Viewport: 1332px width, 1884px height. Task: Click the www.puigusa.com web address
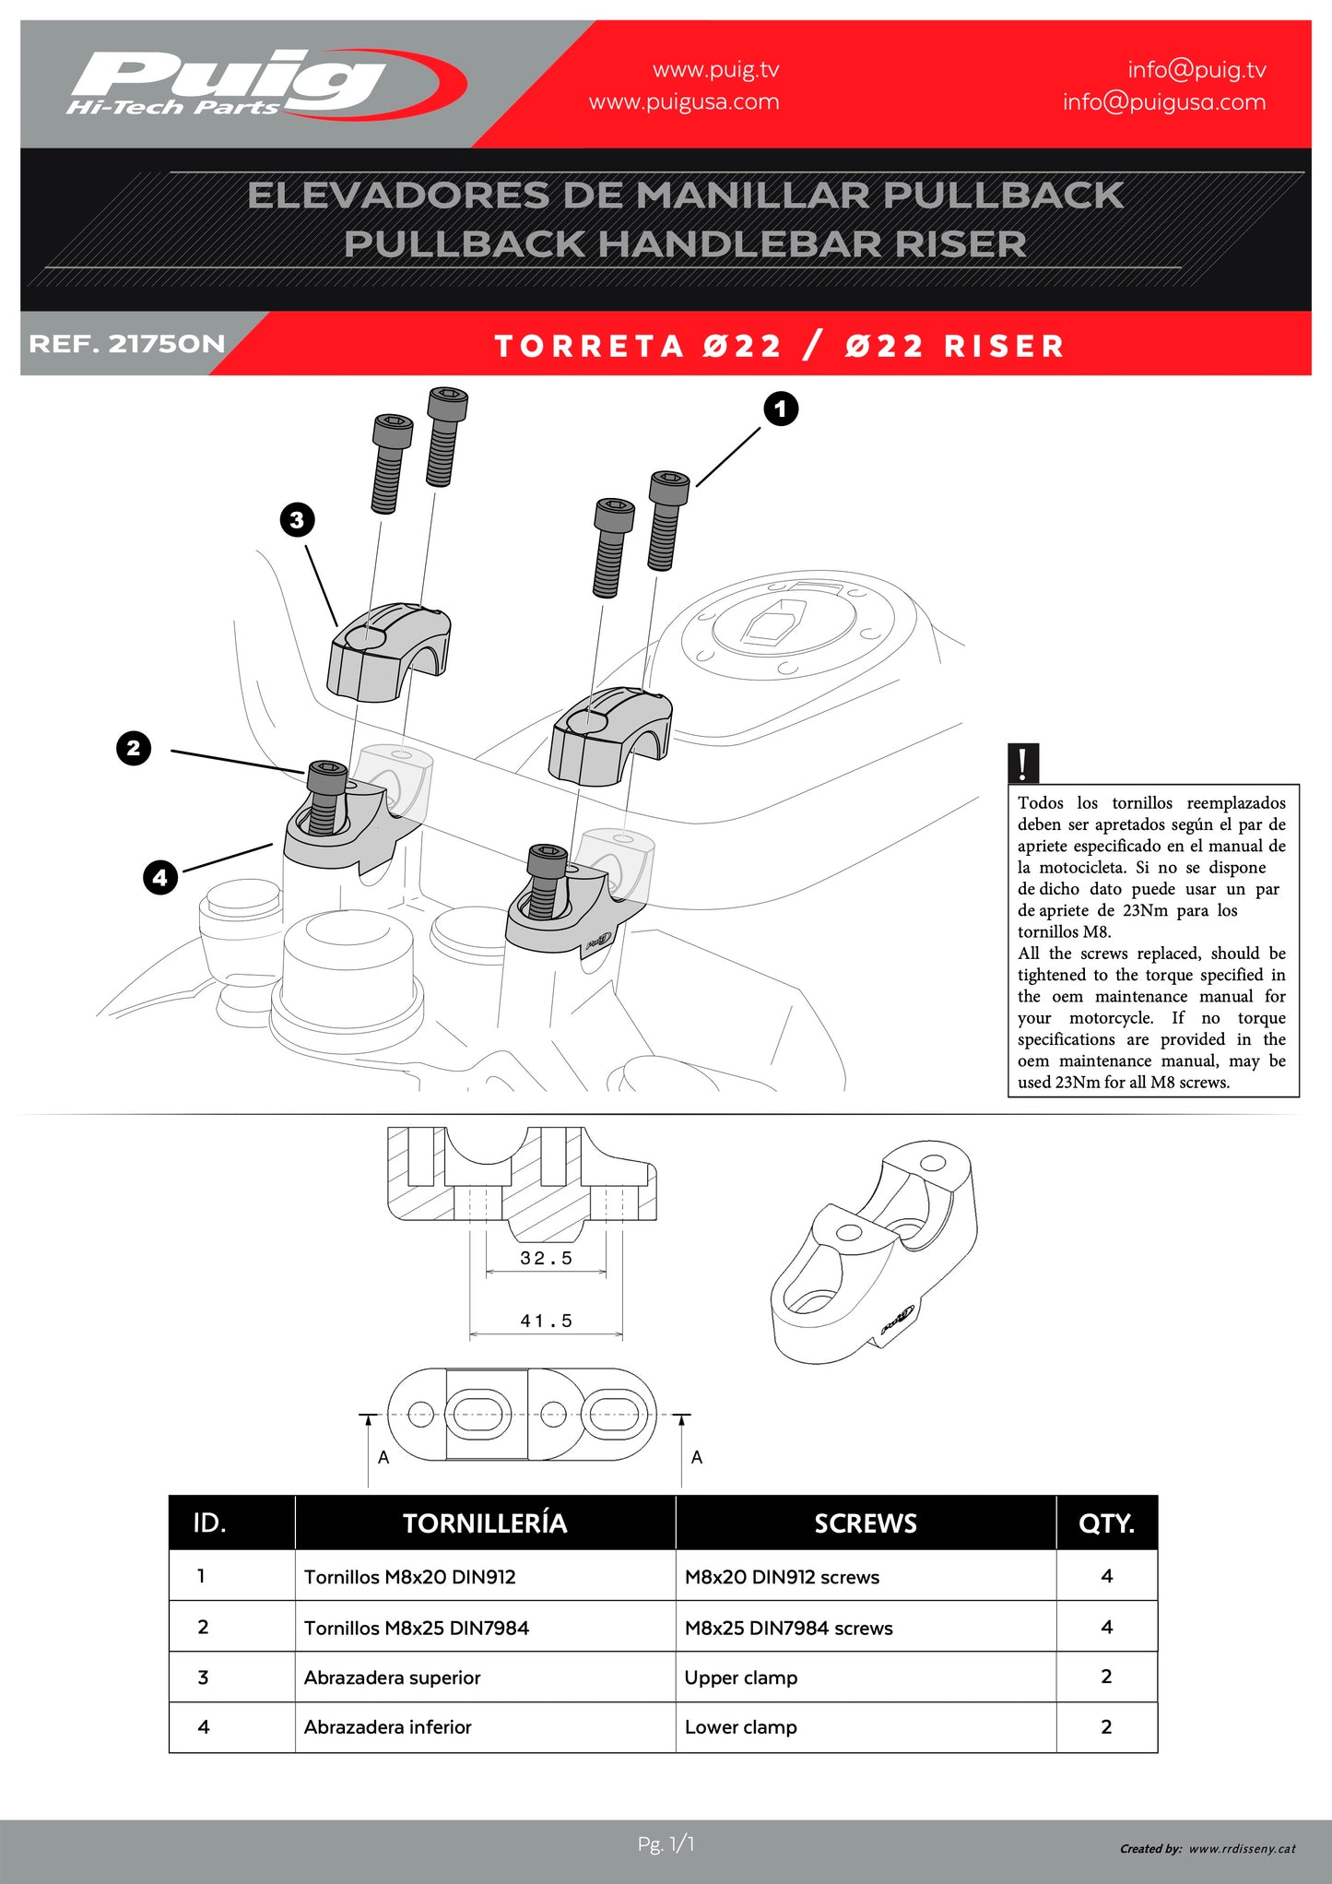tap(684, 102)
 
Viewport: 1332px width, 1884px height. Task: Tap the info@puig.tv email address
tap(1196, 70)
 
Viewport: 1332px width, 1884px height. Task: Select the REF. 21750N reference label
tap(127, 345)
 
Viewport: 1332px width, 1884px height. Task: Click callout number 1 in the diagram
tap(781, 409)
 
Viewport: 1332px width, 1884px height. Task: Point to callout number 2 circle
tap(134, 748)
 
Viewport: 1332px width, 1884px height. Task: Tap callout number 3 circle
tap(297, 520)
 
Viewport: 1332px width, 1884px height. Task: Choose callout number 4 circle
tap(160, 877)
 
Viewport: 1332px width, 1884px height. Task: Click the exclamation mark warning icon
tap(1023, 764)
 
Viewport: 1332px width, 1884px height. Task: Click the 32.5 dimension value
tap(546, 1259)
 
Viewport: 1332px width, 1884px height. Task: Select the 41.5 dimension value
tap(546, 1321)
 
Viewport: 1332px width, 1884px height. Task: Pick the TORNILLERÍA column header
tap(485, 1523)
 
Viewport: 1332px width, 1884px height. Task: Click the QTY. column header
tap(1106, 1523)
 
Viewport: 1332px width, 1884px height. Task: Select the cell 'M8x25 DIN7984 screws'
tap(788, 1629)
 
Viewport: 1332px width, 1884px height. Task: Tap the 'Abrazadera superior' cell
tap(393, 1678)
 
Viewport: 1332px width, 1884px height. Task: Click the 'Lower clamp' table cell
tap(740, 1727)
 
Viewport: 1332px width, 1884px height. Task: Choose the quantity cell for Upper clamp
tap(1106, 1677)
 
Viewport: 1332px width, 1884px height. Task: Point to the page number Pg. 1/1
tap(666, 1844)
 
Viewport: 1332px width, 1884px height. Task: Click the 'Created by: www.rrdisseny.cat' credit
tap(1208, 1849)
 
